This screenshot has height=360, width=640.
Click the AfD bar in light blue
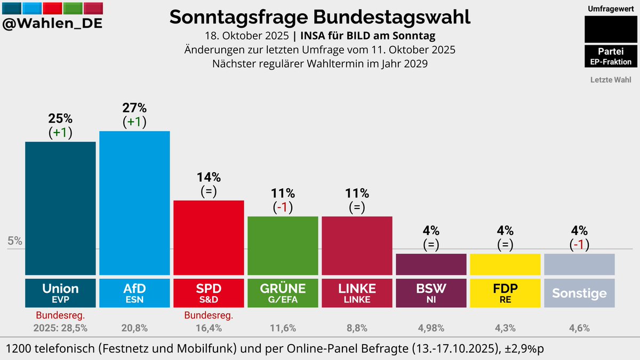point(134,203)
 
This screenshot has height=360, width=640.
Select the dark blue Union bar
point(60,208)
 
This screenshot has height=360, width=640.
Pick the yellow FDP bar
point(505,264)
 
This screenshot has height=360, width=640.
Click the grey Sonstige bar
point(579,264)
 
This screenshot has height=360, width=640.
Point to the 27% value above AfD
point(134,107)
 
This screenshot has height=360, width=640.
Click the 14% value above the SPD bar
point(209,177)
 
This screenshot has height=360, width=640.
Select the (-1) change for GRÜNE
point(283,207)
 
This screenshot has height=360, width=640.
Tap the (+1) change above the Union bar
point(60,132)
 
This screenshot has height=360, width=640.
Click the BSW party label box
point(431,292)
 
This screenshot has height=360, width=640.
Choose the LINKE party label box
point(357,292)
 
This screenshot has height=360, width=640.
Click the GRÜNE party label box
point(283,292)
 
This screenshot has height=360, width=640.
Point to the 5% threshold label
point(15,241)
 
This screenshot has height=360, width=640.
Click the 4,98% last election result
point(431,328)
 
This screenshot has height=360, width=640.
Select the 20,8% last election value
point(134,328)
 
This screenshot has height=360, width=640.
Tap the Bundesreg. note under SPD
point(209,316)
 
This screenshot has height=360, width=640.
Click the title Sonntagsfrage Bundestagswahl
point(320,17)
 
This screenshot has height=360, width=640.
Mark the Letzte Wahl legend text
point(611,80)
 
